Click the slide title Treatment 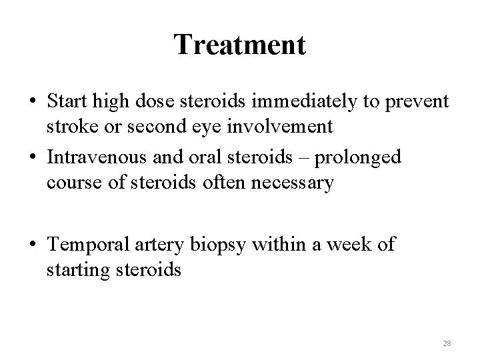240,45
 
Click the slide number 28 447,343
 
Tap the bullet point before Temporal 33,245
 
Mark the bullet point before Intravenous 33,157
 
